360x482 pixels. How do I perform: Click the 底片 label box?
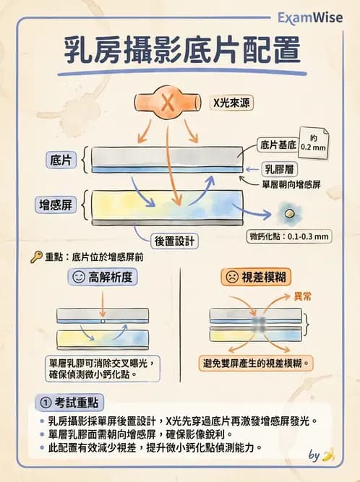point(59,158)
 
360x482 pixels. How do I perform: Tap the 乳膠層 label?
point(278,170)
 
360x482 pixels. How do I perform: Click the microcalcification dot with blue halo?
point(289,214)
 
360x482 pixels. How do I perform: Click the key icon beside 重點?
point(35,256)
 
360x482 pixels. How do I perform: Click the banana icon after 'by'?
point(328,455)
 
